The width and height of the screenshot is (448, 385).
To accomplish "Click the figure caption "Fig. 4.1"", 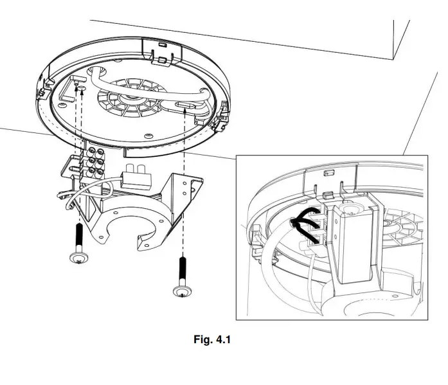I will pyautogui.click(x=211, y=339).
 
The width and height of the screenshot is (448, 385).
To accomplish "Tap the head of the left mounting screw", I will pyautogui.click(x=78, y=258).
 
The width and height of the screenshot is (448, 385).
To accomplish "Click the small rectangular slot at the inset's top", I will pyautogui.click(x=330, y=173).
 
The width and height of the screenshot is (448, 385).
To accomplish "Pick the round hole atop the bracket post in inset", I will pyautogui.click(x=353, y=209).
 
